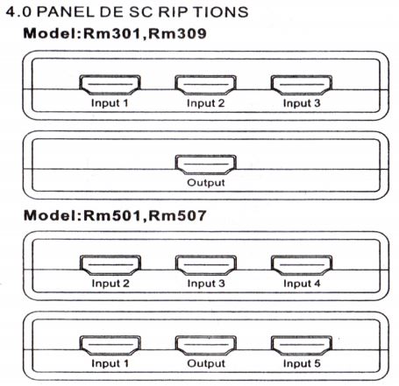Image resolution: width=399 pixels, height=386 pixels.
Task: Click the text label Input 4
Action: pyautogui.click(x=302, y=284)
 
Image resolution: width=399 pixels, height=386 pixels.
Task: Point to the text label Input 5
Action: pyautogui.click(x=302, y=364)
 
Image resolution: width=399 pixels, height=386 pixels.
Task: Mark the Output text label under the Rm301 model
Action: pyautogui.click(x=206, y=183)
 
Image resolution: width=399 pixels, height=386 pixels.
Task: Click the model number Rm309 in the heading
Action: pyautogui.click(x=177, y=33)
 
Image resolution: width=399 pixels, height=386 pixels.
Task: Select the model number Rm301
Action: pyautogui.click(x=111, y=33)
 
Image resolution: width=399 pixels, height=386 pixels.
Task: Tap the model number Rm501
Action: pyautogui.click(x=111, y=216)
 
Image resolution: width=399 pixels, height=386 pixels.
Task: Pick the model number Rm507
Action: pyautogui.click(x=177, y=216)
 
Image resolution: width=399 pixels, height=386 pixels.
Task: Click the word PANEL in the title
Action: pyautogui.click(x=66, y=12)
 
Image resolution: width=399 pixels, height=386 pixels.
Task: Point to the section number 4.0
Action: pyautogui.click(x=18, y=12)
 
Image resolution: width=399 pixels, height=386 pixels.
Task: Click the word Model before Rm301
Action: pyautogui.click(x=50, y=33)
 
